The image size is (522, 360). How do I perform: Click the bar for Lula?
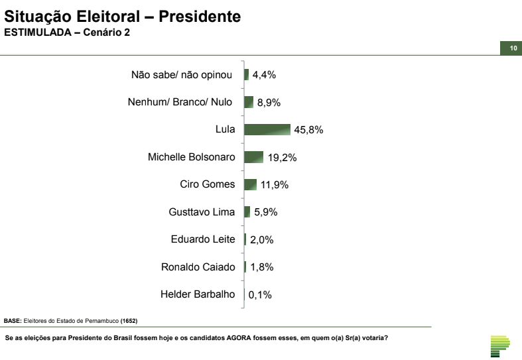coord(267,129)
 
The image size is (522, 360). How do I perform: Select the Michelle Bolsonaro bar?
coord(254,157)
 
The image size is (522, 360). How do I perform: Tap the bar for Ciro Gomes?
coord(250,184)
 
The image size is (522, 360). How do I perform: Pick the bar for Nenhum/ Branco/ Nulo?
coord(249,102)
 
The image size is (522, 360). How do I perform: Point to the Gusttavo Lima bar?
coord(247,212)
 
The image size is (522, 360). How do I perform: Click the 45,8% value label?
coord(308,130)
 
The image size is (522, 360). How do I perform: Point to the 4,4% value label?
coord(263,75)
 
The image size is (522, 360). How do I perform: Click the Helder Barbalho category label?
coord(198,294)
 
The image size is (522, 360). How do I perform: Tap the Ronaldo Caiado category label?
coord(198,267)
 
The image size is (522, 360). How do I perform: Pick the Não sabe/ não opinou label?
coord(181,75)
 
